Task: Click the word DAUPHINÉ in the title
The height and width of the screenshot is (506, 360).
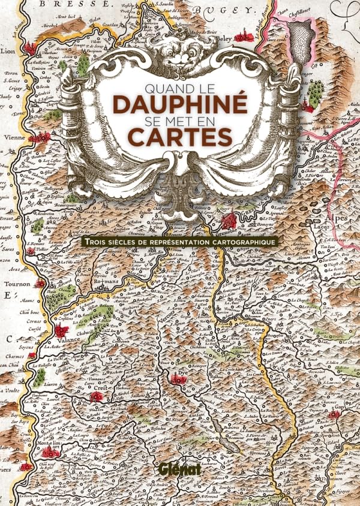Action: point(180,104)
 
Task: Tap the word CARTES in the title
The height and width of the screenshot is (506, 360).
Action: point(180,137)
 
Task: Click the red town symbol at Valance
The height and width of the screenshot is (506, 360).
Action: point(61,330)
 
